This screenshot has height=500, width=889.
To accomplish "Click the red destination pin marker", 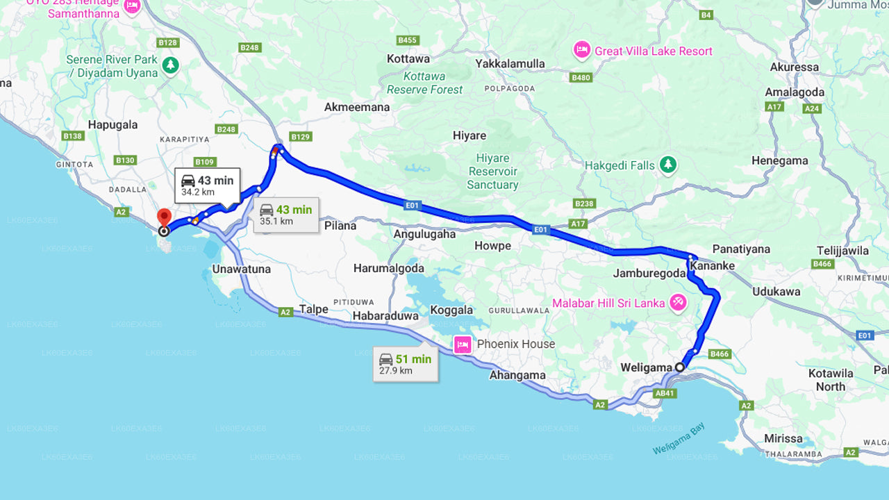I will pyautogui.click(x=164, y=217).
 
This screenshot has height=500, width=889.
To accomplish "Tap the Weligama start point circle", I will pyautogui.click(x=680, y=367).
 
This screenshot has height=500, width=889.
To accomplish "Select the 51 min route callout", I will pyautogui.click(x=406, y=364).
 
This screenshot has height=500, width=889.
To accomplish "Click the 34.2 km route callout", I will pyautogui.click(x=208, y=185).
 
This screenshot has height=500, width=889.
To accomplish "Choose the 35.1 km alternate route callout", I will pyautogui.click(x=286, y=215).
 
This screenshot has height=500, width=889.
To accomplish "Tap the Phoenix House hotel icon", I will pyautogui.click(x=463, y=344).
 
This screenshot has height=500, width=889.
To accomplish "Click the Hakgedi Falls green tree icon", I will pyautogui.click(x=668, y=165).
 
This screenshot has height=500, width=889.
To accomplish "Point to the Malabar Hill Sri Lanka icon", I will pyautogui.click(x=678, y=303).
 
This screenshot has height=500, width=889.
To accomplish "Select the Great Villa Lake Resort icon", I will pyautogui.click(x=581, y=51).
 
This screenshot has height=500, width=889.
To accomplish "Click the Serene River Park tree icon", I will pyautogui.click(x=170, y=66).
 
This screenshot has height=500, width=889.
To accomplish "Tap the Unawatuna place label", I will pyautogui.click(x=242, y=269).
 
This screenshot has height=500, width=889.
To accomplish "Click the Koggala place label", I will pyautogui.click(x=451, y=310).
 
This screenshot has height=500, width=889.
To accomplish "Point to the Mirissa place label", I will pyautogui.click(x=783, y=438).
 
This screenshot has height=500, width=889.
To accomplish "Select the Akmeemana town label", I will pyautogui.click(x=357, y=107).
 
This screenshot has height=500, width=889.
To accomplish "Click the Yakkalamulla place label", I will pyautogui.click(x=510, y=64).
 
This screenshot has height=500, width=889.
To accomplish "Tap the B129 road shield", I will pyautogui.click(x=300, y=137).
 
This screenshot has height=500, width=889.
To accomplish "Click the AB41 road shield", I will pyautogui.click(x=665, y=393).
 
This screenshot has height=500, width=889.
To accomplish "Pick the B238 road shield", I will pyautogui.click(x=584, y=203).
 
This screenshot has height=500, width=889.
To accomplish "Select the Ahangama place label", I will pyautogui.click(x=517, y=375).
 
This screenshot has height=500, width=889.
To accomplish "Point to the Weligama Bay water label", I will pyautogui.click(x=679, y=439).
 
